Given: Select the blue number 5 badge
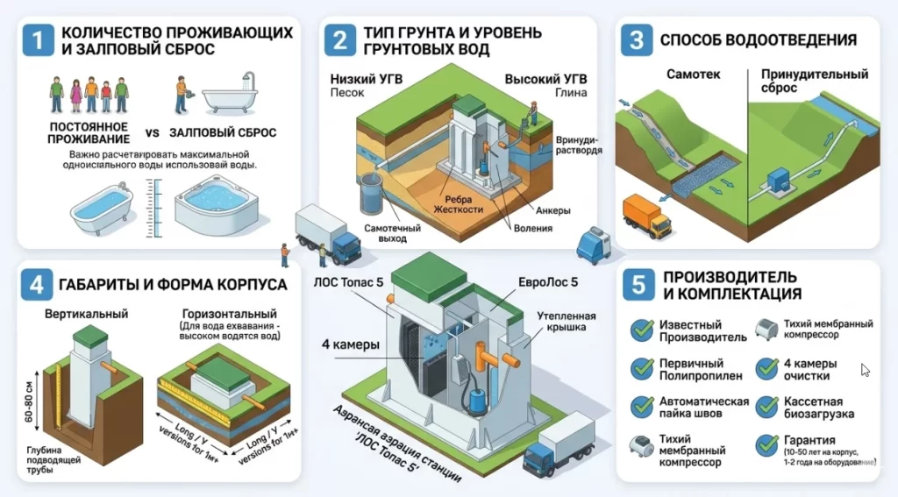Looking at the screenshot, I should [x=639, y=284].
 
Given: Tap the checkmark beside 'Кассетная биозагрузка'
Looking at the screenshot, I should [x=766, y=406].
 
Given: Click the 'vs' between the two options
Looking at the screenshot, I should [x=151, y=134].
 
